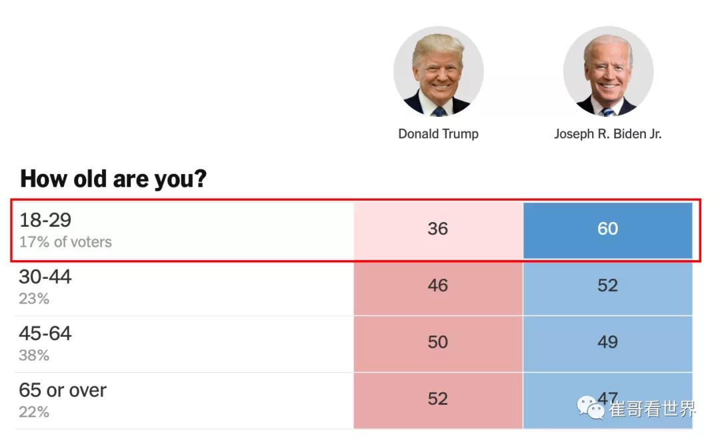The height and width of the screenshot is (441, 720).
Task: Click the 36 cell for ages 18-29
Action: click(438, 229)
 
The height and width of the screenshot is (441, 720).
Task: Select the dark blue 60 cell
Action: click(607, 229)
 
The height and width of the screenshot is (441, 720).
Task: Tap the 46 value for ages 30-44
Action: click(438, 286)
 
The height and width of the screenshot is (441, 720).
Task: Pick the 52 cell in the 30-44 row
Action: click(607, 286)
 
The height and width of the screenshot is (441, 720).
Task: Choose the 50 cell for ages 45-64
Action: click(438, 342)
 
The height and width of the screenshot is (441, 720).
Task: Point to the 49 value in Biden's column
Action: click(607, 342)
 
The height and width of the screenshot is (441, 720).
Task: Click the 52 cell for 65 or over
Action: click(438, 399)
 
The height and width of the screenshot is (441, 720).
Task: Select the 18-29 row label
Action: click(45, 220)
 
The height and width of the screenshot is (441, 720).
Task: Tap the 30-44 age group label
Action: click(45, 277)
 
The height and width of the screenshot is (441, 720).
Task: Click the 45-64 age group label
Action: click(45, 334)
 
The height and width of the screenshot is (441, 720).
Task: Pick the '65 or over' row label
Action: click(63, 390)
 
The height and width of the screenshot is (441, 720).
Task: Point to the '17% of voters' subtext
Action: click(65, 242)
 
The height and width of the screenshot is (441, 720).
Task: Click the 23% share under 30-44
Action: click(34, 299)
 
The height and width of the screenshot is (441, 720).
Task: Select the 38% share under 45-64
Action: click(34, 356)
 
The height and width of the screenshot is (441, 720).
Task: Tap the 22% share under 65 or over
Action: click(34, 412)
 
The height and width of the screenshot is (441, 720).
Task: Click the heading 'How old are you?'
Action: click(113, 179)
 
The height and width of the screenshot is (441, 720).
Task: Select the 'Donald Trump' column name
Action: click(438, 133)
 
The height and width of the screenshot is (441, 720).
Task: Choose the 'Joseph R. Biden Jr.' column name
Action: click(607, 133)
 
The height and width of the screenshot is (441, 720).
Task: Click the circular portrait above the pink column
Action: click(438, 71)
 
